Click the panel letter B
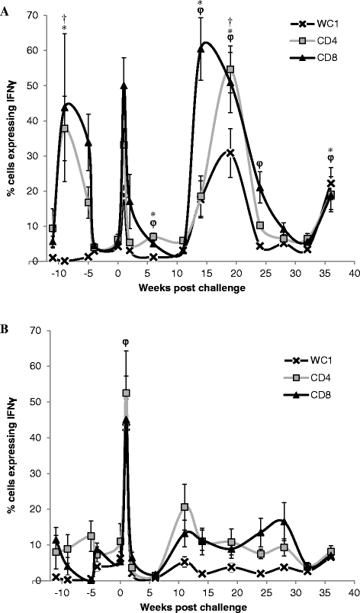click(7, 320)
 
